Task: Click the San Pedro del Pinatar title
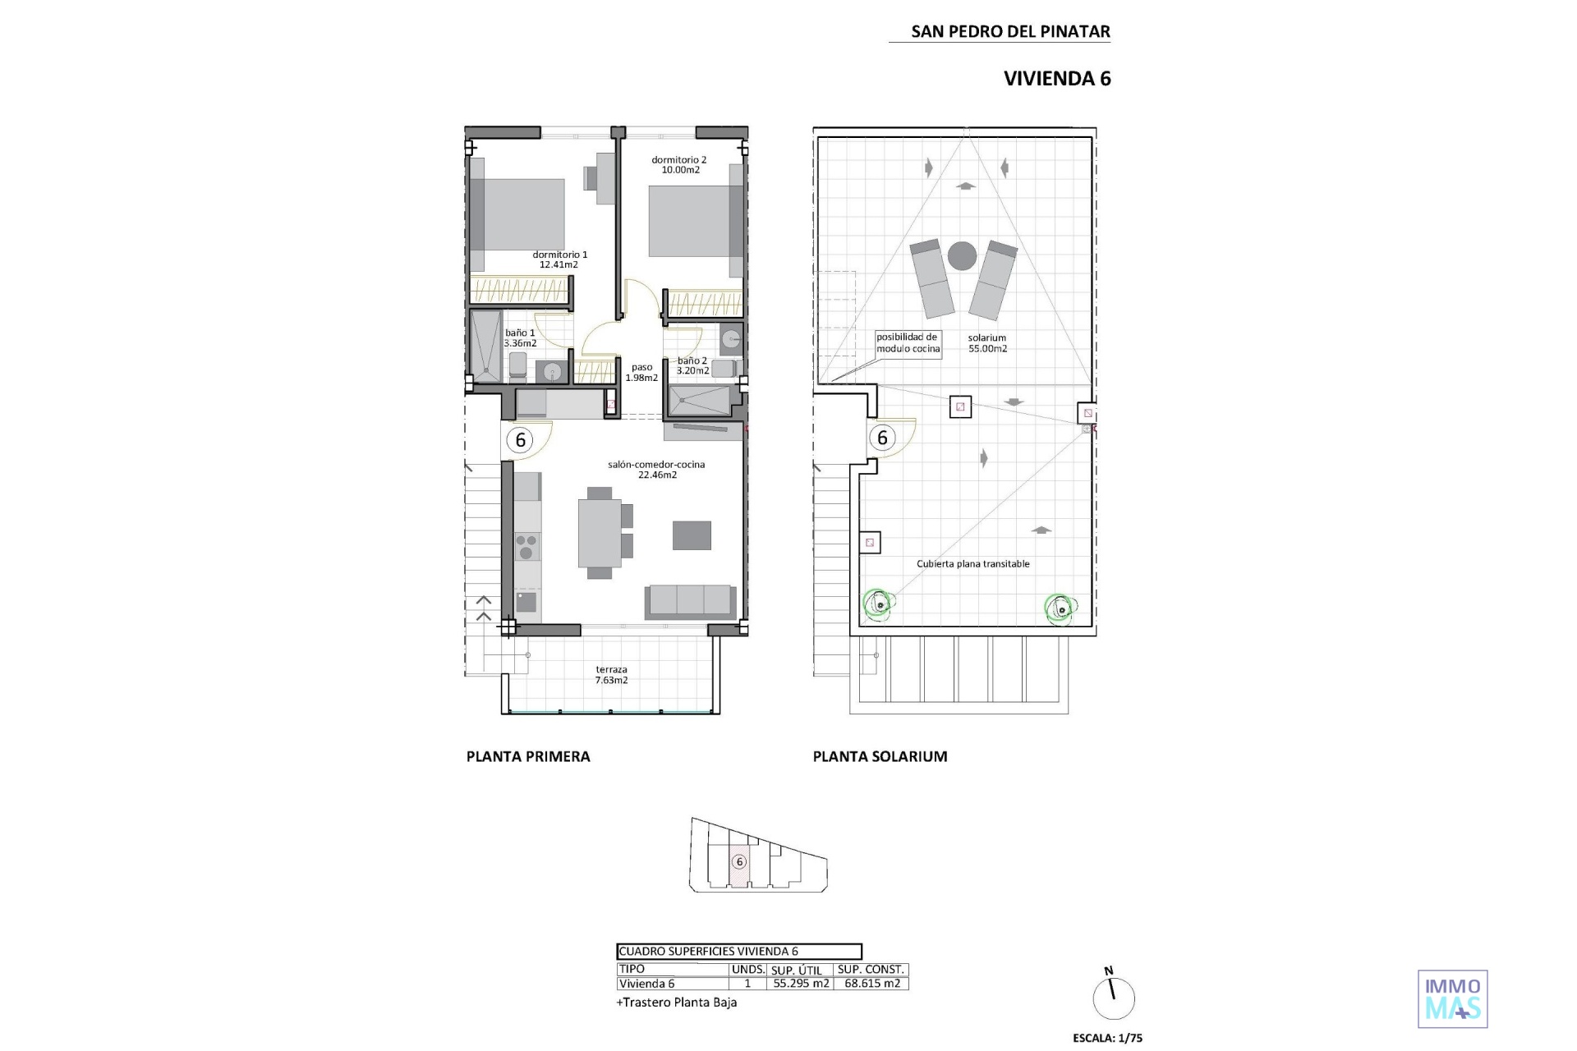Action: click(1010, 31)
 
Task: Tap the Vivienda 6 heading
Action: click(1057, 78)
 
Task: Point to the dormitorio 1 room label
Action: click(559, 259)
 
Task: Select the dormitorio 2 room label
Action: click(679, 165)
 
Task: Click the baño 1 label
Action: click(520, 338)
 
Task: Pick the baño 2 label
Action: click(692, 365)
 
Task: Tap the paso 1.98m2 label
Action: click(641, 373)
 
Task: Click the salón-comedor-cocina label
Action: click(656, 470)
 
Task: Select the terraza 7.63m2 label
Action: click(611, 675)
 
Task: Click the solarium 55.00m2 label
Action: click(987, 343)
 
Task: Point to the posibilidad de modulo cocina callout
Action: click(907, 342)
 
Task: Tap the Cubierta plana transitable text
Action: click(973, 564)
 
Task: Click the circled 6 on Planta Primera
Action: click(520, 440)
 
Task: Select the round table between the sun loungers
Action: click(962, 255)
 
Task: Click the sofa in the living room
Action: click(690, 601)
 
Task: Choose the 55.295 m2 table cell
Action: click(801, 984)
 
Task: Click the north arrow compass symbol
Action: click(1114, 997)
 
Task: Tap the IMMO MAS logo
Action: click(1453, 999)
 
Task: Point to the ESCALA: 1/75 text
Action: click(1107, 1038)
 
